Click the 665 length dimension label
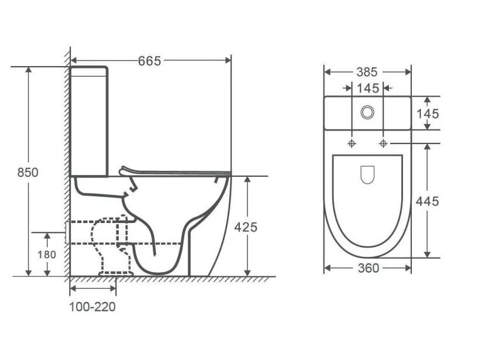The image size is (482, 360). coord(149,61)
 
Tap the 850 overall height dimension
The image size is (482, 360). coord(27,172)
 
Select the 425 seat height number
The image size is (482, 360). coord(246,227)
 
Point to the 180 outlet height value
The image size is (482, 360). coord(47,255)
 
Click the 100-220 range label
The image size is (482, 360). coord(92,307)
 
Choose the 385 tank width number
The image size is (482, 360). coord(367,72)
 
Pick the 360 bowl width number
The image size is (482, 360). coord(369,268)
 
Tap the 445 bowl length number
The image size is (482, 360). coord(427,201)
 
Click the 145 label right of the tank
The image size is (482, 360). coord(428,114)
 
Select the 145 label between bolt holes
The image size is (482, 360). coord(368,88)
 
